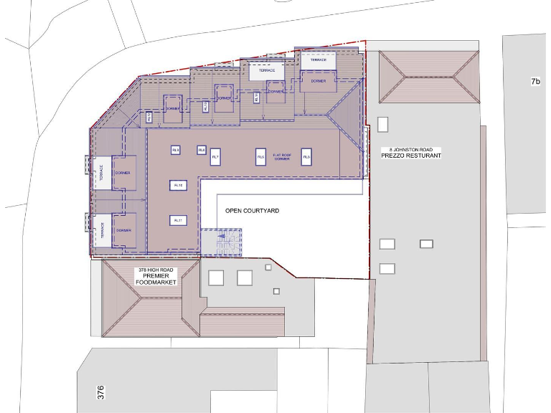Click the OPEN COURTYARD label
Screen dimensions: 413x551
252,211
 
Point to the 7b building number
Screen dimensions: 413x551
535,82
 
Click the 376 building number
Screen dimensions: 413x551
101,392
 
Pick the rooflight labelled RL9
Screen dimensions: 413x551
175,150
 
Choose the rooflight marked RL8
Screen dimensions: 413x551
202,150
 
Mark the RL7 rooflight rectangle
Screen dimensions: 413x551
215,157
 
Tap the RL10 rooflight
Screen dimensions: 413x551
178,185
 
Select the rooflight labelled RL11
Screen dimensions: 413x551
178,220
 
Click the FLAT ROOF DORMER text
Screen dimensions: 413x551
281,156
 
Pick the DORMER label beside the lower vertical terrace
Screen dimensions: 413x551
123,230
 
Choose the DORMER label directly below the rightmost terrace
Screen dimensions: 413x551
318,81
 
